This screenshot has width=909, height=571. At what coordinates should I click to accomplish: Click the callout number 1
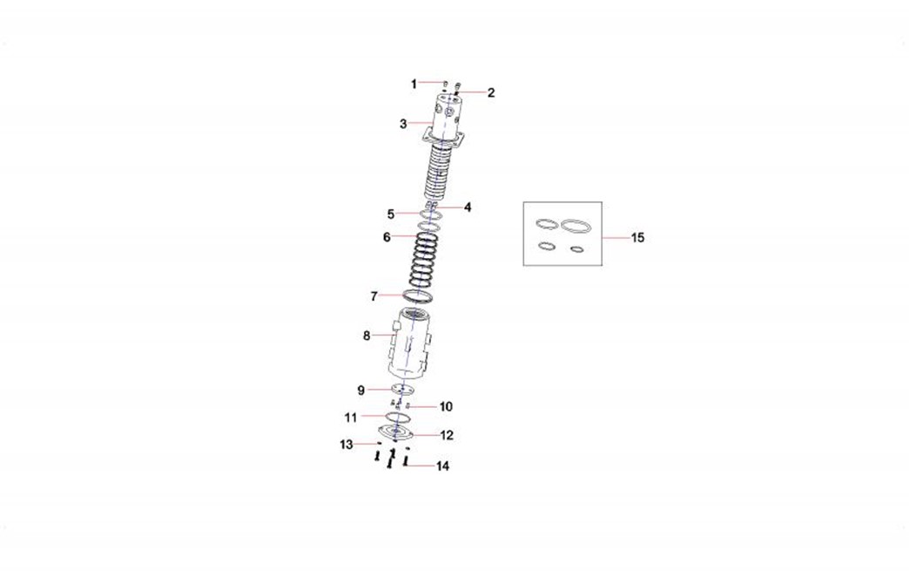pos(414,85)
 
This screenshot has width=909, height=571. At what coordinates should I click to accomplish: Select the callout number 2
pos(491,93)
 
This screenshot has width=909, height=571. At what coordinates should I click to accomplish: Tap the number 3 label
pos(403,124)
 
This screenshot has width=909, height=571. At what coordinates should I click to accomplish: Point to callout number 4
pos(468,207)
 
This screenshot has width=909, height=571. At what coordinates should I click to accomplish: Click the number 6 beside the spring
pos(387,237)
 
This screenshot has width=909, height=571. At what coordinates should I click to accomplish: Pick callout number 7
pos(374,296)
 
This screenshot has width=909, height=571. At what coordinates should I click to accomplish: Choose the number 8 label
pos(367,336)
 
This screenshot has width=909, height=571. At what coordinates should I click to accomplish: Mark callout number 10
pos(445,407)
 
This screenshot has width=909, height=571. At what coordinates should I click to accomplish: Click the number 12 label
pos(447,435)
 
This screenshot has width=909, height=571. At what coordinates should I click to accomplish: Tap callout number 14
pos(442,466)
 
